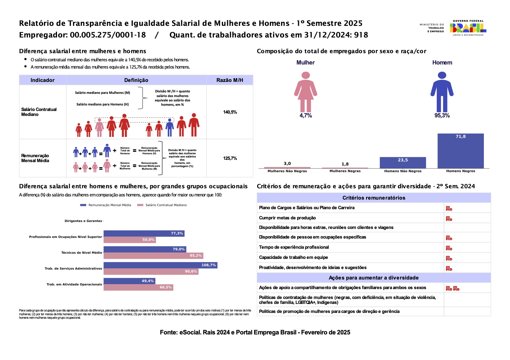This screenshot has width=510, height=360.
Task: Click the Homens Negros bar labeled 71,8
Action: click(461, 151)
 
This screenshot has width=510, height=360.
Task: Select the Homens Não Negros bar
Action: click(403, 163)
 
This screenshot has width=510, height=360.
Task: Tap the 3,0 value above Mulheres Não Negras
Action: click(287, 164)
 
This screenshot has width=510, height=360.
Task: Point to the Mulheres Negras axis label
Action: click(345, 171)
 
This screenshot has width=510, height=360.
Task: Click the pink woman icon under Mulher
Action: click(306, 92)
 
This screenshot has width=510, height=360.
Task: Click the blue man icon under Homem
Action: click(442, 92)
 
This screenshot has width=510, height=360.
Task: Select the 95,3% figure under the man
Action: click(442, 116)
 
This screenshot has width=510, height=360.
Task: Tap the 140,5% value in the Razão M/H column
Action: click(230, 112)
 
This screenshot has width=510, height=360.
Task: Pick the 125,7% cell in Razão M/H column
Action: click(230, 158)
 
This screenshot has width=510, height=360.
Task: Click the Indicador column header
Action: click(42, 80)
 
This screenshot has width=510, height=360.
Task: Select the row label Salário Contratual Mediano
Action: click(39, 112)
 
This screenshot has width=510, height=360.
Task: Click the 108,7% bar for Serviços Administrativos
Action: click(161, 265)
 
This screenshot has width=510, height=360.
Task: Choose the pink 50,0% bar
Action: click(130, 240)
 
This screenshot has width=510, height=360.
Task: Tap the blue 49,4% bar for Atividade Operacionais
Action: click(129, 281)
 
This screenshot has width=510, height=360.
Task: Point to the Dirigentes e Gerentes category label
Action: click(83, 221)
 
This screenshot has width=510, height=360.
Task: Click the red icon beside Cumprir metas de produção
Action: click(449, 218)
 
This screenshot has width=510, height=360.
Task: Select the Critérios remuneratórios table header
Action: click(374, 198)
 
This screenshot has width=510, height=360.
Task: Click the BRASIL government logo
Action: click(468, 28)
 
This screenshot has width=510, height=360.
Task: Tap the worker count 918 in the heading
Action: click(361, 35)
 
